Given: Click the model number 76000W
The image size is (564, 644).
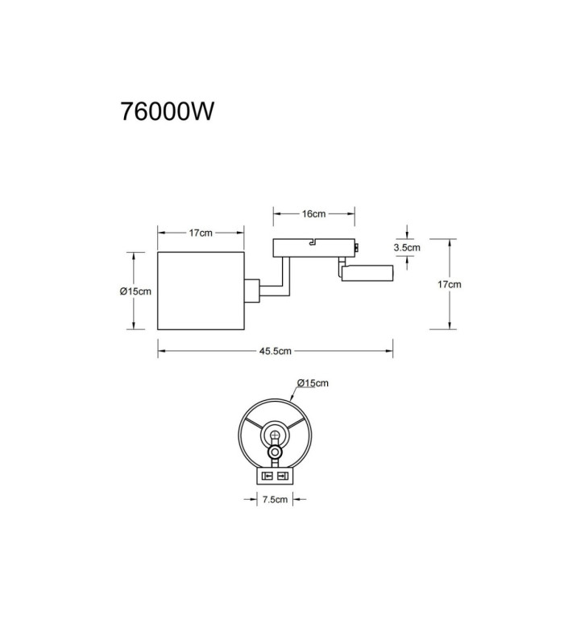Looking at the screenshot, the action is tap(167, 111).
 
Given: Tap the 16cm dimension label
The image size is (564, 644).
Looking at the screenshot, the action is tap(313, 213).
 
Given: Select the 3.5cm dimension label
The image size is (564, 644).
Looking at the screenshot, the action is tap(407, 247).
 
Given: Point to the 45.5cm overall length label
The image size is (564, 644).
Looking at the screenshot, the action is tap(276, 351).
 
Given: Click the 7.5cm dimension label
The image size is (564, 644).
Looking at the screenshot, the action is tap(275, 499).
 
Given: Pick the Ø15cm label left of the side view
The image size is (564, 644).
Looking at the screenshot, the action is tap(135, 291).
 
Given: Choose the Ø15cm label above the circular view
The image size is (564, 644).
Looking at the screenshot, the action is tap(313, 383).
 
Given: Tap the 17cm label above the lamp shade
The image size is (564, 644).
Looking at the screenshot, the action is tap(201, 233).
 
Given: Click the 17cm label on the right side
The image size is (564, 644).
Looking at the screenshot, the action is tap(450, 284).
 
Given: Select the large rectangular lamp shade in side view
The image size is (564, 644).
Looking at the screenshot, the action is tap(201, 291).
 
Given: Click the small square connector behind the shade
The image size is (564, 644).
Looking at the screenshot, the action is tap(251, 291).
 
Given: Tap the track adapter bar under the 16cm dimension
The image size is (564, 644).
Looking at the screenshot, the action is tap(313, 248).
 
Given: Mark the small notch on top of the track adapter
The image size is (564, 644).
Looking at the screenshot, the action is tap(313, 242).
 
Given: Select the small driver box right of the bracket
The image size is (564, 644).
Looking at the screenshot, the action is tap(367, 273).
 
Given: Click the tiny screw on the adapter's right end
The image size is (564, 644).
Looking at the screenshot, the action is tap(357, 247).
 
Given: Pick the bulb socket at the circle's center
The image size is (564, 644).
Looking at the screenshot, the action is tap(275, 435).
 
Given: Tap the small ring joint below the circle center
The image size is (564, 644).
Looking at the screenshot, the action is tap(275, 452).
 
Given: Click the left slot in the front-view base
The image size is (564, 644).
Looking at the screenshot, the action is tap(268, 476).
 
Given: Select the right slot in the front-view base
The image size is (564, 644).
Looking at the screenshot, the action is tap(282, 476).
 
